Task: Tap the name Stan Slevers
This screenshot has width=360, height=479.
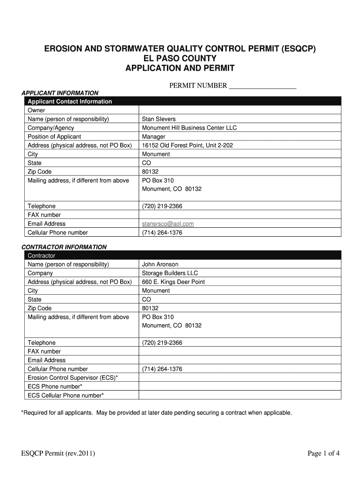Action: pyautogui.click(x=159, y=119)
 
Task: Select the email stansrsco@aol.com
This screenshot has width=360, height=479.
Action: pyautogui.click(x=168, y=224)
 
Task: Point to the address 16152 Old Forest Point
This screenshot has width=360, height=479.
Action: pyautogui.click(x=187, y=145)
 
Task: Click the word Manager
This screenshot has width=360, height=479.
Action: pyautogui.click(x=154, y=137)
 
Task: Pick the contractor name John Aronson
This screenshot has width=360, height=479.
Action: pyautogui.click(x=160, y=264)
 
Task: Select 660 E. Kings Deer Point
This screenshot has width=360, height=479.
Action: pyautogui.click(x=173, y=282)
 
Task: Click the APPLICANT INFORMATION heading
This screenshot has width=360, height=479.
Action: pyautogui.click(x=60, y=93)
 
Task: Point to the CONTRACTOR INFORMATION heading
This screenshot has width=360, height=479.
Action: pyautogui.click(x=65, y=247)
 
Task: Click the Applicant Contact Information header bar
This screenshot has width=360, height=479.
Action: pyautogui.click(x=70, y=102)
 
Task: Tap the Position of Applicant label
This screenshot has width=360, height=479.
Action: pyautogui.click(x=55, y=137)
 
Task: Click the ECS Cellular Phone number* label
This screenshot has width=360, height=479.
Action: pyautogui.click(x=66, y=395)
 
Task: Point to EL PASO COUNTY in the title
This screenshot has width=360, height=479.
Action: pyautogui.click(x=180, y=58)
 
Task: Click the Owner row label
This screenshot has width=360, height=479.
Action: pyautogui.click(x=36, y=110)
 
